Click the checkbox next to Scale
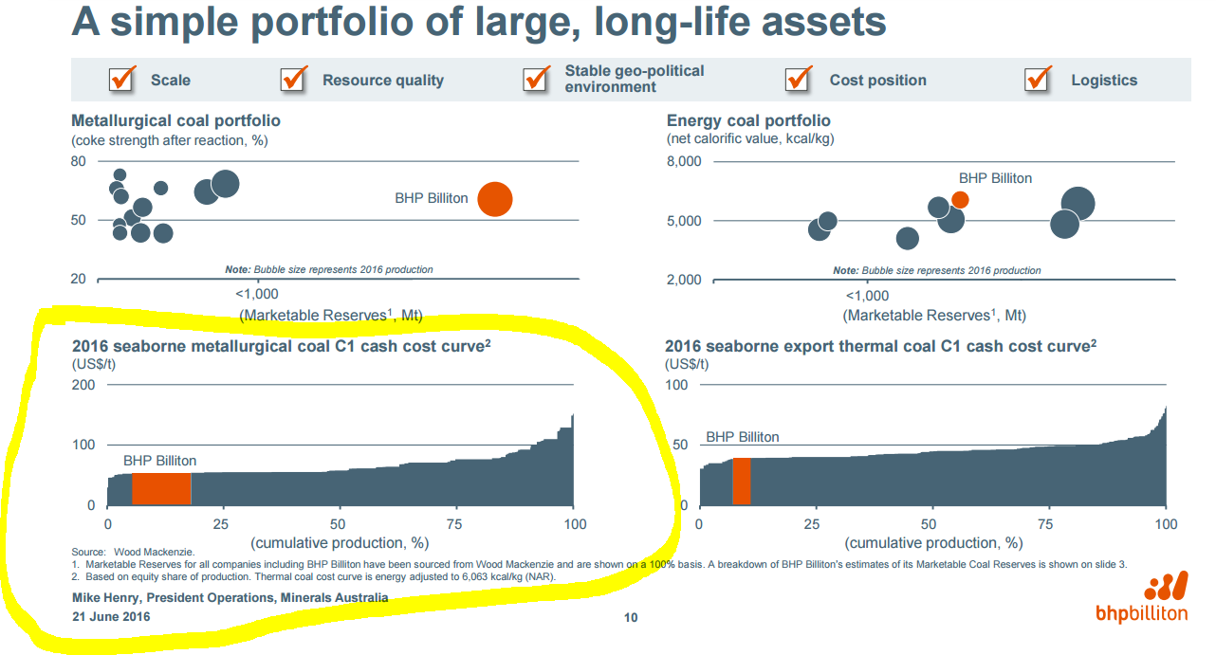point(122,80)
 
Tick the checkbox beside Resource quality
point(294,80)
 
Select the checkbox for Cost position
point(799,80)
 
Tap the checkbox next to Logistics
point(1039,80)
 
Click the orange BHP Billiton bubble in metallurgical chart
point(494,199)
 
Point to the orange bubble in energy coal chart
point(960,199)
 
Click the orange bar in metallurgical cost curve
point(161,488)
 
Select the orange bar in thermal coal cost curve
point(742,481)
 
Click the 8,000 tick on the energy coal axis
point(684,161)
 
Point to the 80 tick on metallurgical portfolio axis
point(79,161)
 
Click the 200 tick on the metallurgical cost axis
point(83,385)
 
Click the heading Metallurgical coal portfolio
point(175,121)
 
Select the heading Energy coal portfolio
point(748,121)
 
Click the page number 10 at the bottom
point(631,618)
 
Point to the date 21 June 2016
point(111,616)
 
